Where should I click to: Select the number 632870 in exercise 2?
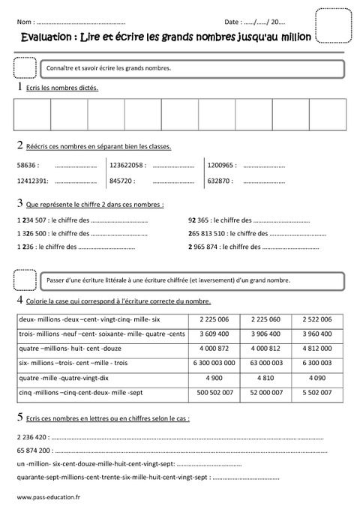tap(219, 181)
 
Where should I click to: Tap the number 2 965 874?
tap(205, 246)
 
